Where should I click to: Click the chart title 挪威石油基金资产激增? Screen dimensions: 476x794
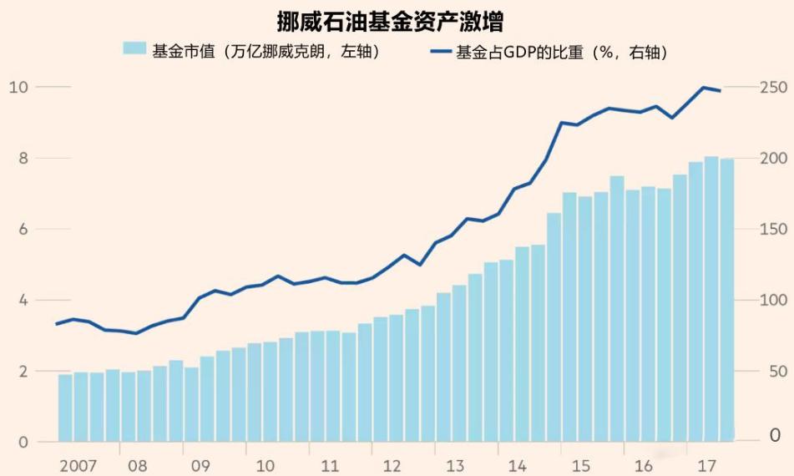pyautogui.click(x=396, y=20)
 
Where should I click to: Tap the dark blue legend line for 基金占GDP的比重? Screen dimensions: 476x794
pyautogui.click(x=440, y=52)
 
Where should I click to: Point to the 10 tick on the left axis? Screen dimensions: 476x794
pyautogui.click(x=19, y=87)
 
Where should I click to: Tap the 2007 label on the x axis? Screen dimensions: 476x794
pyautogui.click(x=77, y=464)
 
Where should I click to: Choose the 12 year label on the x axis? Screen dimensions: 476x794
pyautogui.click(x=391, y=464)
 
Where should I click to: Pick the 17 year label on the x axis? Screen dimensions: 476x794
pyautogui.click(x=706, y=464)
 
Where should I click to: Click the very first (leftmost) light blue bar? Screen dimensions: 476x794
pyautogui.click(x=64, y=408)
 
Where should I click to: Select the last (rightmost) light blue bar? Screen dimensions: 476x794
pyautogui.click(x=727, y=301)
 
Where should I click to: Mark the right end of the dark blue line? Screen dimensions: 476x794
pyautogui.click(x=721, y=90)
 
